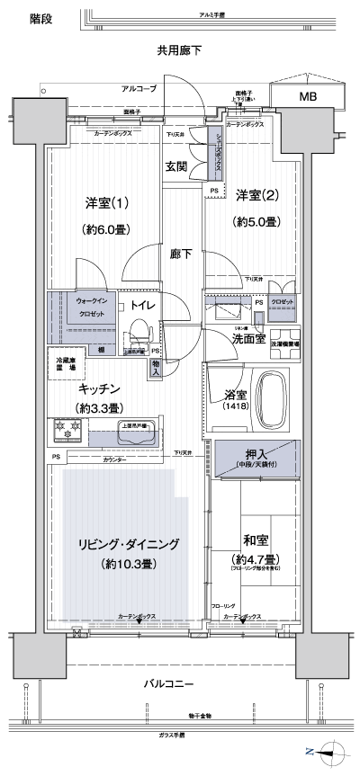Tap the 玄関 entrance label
click(x=175, y=165)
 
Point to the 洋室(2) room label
click(x=253, y=196)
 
